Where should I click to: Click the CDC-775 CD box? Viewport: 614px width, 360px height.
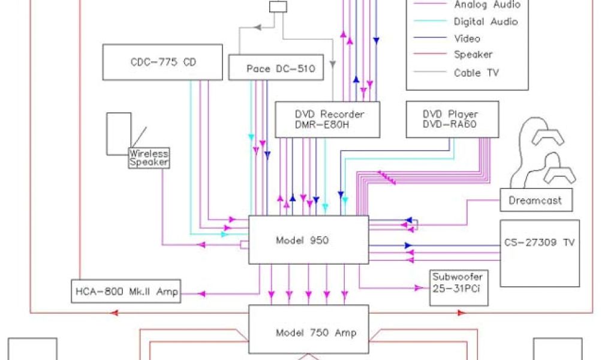click(164, 62)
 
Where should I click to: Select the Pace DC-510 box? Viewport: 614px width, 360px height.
click(276, 68)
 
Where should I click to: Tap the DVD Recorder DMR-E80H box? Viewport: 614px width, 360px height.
click(327, 119)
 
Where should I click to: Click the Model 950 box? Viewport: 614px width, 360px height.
click(308, 240)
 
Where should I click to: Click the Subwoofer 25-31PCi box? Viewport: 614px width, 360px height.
click(457, 288)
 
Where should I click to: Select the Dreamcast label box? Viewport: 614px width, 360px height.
click(535, 200)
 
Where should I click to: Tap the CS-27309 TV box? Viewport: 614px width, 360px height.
click(540, 253)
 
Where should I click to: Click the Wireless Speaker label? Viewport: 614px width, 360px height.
click(149, 158)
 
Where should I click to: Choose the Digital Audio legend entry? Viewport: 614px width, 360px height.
click(486, 22)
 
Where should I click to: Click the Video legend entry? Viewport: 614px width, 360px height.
click(467, 38)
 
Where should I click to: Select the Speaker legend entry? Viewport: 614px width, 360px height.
click(473, 55)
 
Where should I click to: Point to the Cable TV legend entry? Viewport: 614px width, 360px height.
click(476, 73)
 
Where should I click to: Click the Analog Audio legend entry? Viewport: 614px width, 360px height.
click(487, 5)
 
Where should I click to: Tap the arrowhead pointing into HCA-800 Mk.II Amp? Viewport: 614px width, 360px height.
click(201, 293)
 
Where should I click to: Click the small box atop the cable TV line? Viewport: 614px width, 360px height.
click(278, 7)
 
